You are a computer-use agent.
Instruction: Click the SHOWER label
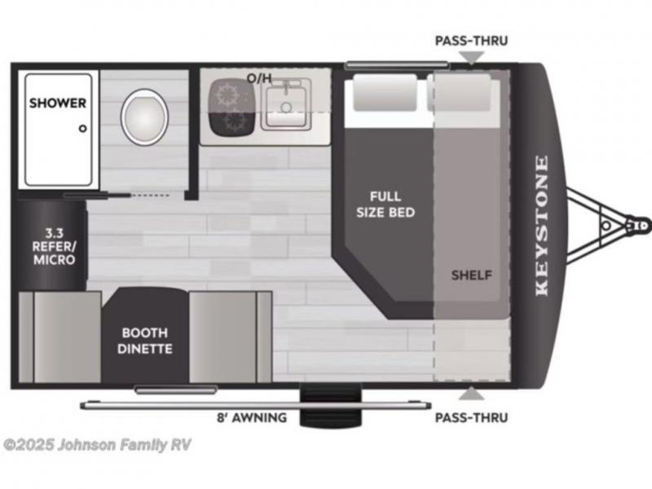tap(58, 103)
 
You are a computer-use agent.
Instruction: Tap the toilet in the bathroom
tap(145, 117)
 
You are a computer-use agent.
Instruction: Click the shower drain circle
tap(83, 129)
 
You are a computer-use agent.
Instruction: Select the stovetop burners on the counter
tap(231, 107)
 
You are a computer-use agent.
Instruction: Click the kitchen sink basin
tap(286, 104)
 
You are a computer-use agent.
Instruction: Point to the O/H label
tap(259, 77)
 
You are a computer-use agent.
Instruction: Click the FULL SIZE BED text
tap(385, 205)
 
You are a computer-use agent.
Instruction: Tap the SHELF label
tap(472, 275)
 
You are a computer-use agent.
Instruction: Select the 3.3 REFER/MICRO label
tap(54, 246)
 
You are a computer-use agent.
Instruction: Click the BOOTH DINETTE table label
tap(145, 341)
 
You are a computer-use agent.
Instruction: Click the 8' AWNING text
tap(252, 417)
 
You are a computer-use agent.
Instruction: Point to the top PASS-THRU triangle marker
tap(472, 57)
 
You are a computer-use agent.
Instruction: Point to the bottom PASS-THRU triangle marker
tap(472, 394)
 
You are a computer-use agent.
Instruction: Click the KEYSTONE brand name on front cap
tap(541, 226)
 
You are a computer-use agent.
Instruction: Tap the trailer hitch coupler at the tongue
tap(638, 226)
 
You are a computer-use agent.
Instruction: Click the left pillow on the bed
tap(385, 92)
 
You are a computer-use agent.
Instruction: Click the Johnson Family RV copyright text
tap(97, 445)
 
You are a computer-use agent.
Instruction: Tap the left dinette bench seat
tap(60, 337)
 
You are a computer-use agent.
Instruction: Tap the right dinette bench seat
tap(231, 337)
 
